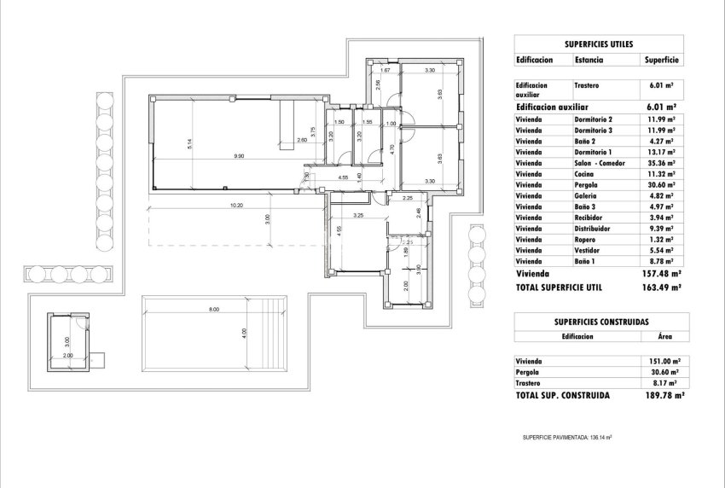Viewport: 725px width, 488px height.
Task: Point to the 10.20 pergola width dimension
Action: coord(236,206)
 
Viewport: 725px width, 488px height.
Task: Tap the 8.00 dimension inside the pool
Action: coord(213,309)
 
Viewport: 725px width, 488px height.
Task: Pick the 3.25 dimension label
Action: coord(359,216)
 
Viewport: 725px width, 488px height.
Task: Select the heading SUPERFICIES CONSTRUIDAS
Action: coord(598,321)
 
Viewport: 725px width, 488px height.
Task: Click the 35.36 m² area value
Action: coord(661,162)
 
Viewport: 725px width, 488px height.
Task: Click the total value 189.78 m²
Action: coord(662,397)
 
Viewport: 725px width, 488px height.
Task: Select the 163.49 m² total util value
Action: coord(661,288)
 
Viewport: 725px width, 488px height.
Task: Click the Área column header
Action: coord(661,337)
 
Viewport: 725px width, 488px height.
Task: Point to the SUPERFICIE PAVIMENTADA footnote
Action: coord(567,438)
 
